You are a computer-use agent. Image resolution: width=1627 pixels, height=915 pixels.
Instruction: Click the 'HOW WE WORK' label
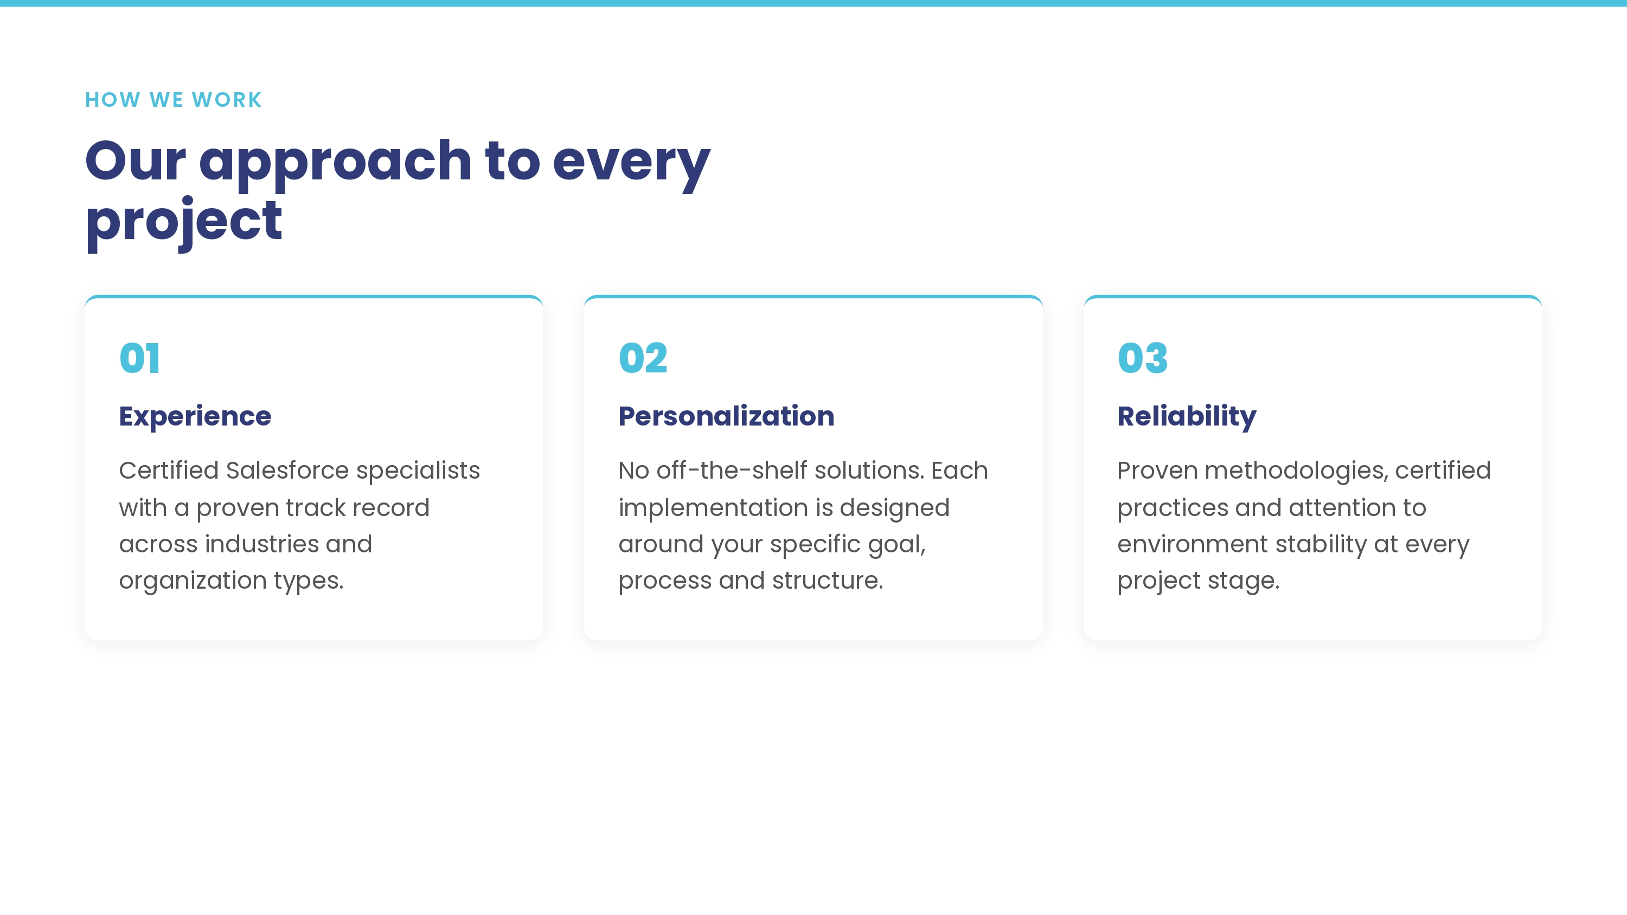[x=173, y=100]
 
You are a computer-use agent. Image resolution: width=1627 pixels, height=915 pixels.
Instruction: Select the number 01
[x=139, y=358]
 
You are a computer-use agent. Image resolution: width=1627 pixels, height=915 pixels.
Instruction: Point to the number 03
[x=1143, y=358]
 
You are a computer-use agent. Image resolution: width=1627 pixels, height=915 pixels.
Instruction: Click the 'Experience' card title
[x=195, y=417]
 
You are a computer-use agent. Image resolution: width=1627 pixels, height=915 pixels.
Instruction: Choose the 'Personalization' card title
[x=726, y=416]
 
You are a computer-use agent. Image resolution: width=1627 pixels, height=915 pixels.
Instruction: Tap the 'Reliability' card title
[x=1187, y=417]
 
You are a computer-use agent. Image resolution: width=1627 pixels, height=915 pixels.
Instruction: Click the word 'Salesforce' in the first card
[x=287, y=471]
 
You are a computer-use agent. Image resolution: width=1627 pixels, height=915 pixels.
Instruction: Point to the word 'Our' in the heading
[x=136, y=161]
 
